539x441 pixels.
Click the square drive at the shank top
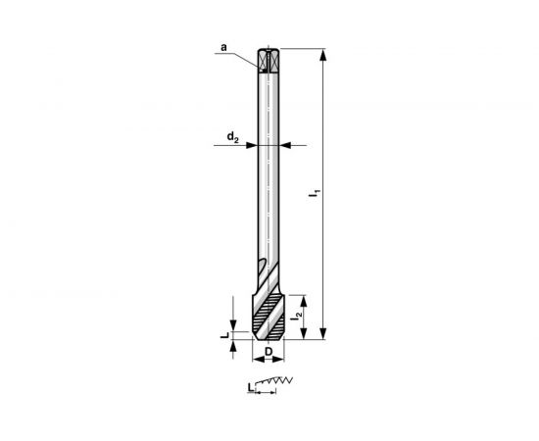(x=269, y=60)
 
